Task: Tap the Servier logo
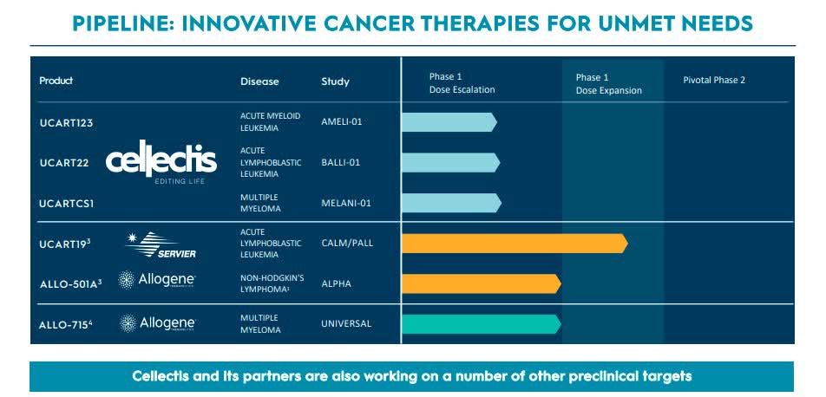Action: [161, 244]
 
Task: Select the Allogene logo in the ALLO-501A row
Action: [157, 280]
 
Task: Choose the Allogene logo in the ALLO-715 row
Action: [157, 323]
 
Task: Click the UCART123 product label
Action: [66, 122]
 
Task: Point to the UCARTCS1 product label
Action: [67, 203]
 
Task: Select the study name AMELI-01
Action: [341, 122]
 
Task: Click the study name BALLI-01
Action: [340, 162]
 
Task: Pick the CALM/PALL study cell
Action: [346, 243]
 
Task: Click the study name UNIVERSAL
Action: [345, 323]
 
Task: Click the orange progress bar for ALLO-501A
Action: [481, 283]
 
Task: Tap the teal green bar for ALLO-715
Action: [481, 323]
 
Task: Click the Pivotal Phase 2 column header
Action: [714, 81]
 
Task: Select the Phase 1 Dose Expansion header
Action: [608, 84]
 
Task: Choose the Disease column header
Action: [259, 81]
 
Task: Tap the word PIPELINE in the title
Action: [128, 22]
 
